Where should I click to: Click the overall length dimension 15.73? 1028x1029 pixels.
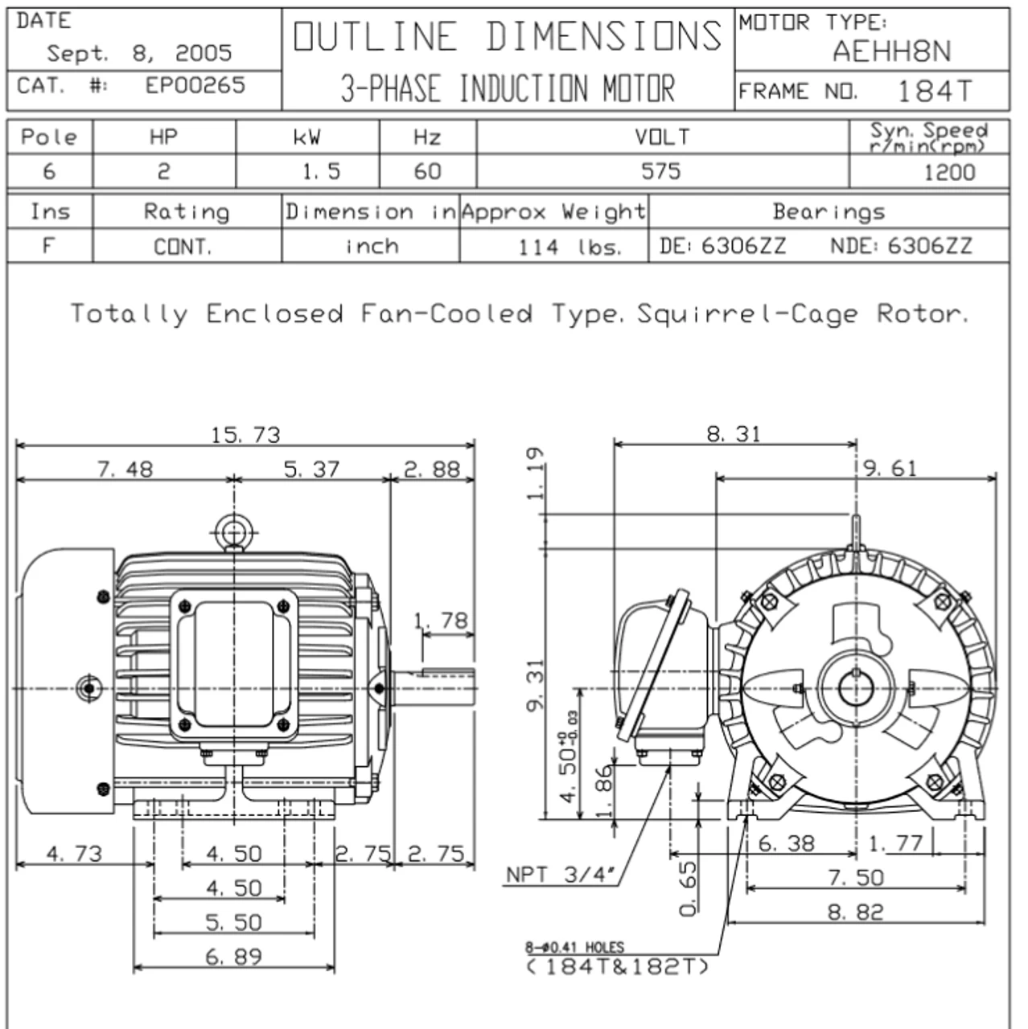coord(245,435)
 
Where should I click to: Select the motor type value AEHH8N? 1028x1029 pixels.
coord(891,52)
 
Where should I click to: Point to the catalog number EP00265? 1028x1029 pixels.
coord(195,85)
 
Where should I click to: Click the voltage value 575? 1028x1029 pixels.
coord(660,171)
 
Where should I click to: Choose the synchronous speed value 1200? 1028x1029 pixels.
coord(949,172)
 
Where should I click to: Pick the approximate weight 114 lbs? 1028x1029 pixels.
coord(570,247)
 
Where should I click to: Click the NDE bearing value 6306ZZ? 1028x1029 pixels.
coord(930,246)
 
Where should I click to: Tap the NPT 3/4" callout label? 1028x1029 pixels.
coord(560,875)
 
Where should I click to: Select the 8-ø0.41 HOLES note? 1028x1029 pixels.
coord(574,948)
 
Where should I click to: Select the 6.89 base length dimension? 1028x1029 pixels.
coord(233,957)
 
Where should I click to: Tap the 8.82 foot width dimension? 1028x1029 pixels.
coord(855,912)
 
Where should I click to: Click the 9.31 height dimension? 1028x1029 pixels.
coord(535,685)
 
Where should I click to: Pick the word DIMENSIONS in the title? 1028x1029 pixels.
coord(603,37)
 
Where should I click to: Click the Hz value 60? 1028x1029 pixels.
coord(427,171)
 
